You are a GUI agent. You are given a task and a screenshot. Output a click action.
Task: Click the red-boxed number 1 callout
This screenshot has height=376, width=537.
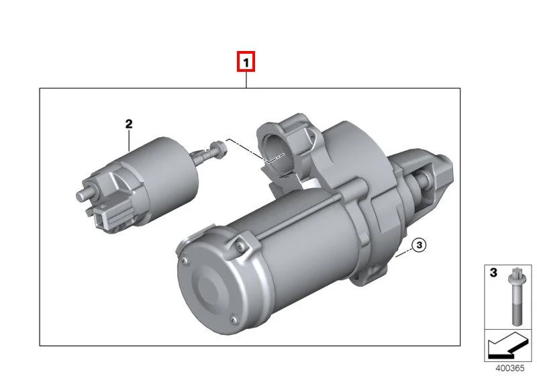[246, 62]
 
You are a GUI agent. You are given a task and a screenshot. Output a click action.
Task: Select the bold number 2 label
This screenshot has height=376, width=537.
[129, 124]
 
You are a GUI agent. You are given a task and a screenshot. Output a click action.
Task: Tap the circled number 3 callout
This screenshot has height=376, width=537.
[419, 245]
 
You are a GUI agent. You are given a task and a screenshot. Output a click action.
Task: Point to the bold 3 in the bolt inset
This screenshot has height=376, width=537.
[493, 273]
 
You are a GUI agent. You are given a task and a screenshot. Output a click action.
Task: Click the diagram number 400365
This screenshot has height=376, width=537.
[510, 368]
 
